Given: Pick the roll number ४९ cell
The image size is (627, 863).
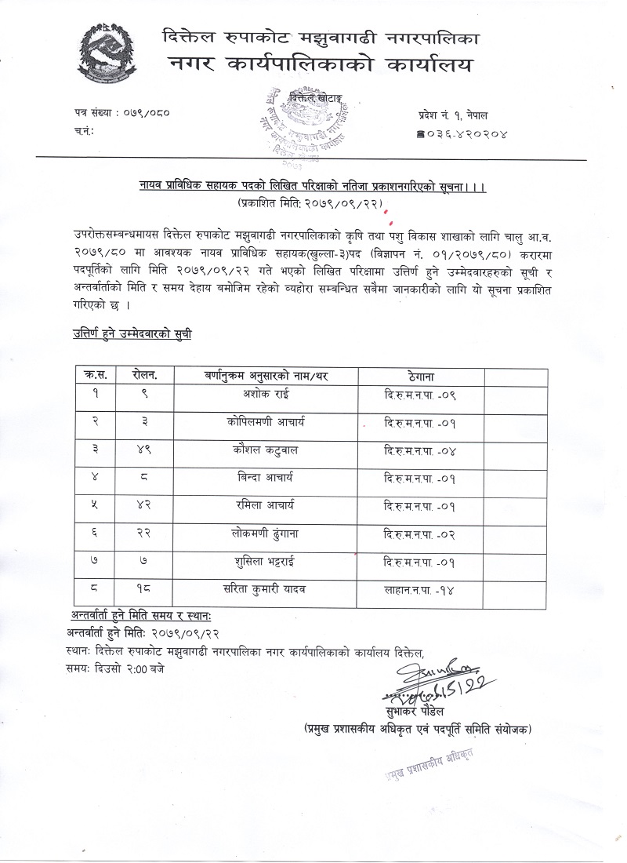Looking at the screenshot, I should (x=144, y=450).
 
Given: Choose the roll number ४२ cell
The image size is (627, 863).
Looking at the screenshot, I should (x=144, y=504).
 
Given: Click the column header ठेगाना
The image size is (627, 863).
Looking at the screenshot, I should (x=422, y=376).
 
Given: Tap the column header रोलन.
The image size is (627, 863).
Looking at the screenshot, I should (x=144, y=376).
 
